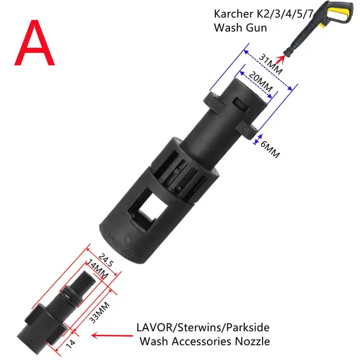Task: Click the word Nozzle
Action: [x=253, y=340]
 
